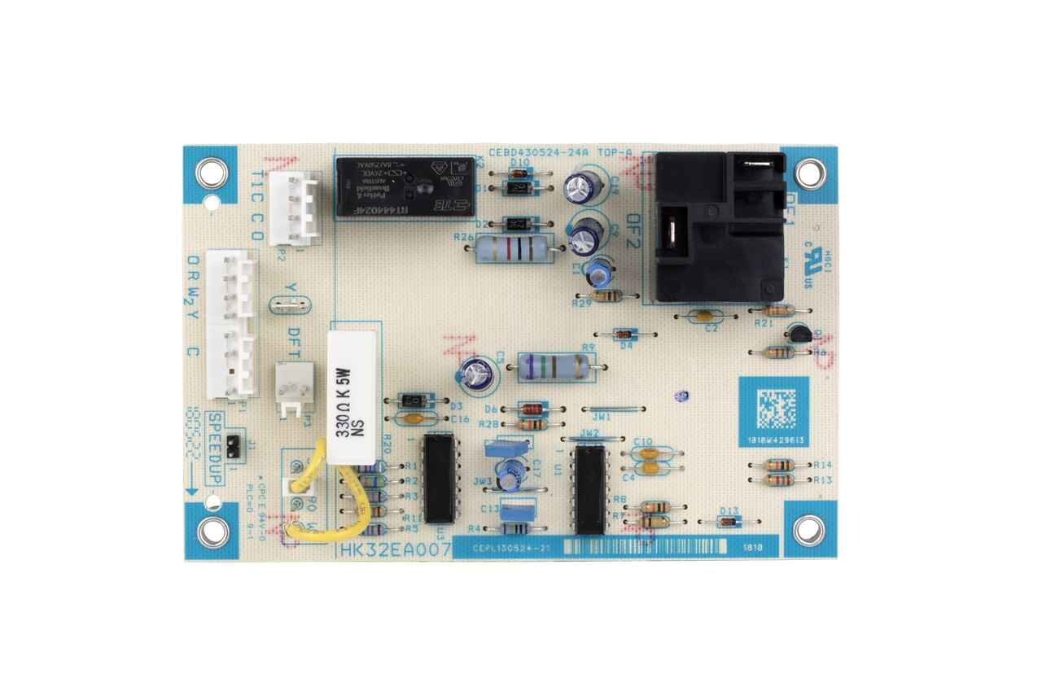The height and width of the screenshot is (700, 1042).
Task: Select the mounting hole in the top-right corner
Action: point(808,173)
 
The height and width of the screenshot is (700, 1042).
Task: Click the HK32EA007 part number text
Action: point(395,549)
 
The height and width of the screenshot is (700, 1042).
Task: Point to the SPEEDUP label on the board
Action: point(214,448)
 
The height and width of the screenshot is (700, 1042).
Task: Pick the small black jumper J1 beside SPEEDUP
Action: point(233,444)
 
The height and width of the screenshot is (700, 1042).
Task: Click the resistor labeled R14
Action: point(781,464)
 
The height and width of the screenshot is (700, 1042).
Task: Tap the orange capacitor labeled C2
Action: point(705,316)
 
